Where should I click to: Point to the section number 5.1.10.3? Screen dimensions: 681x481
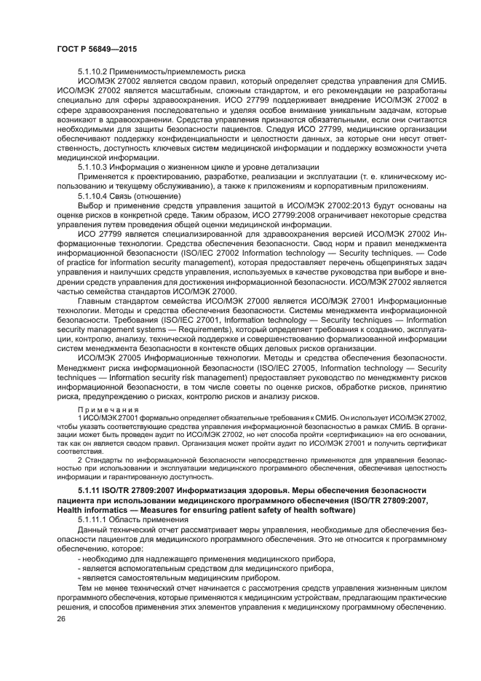93,167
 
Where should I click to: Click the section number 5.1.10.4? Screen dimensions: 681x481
93,195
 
